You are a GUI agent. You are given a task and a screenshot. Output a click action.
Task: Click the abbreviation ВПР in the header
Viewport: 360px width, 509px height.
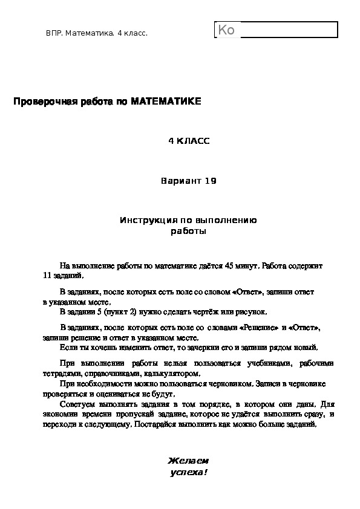(54, 33)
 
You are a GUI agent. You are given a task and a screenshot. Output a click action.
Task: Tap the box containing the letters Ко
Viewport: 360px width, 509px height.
(276, 30)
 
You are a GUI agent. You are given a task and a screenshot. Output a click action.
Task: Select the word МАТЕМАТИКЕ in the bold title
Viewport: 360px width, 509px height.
(166, 102)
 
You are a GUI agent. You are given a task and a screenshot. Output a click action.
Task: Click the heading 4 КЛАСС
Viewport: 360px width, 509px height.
(188, 141)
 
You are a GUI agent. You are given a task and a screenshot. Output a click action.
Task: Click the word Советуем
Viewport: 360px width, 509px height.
(77, 404)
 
